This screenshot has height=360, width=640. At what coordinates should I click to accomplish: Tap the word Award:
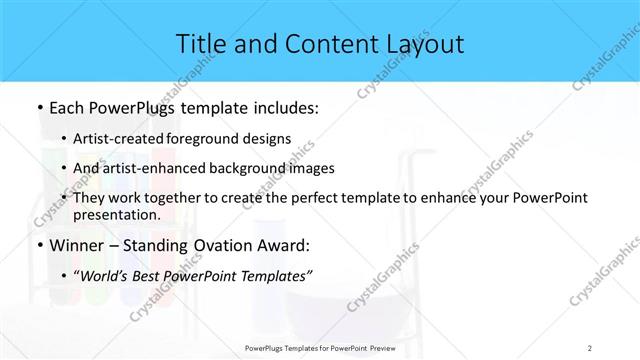pos(293,244)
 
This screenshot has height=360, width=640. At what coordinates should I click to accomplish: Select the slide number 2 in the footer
pos(589,349)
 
